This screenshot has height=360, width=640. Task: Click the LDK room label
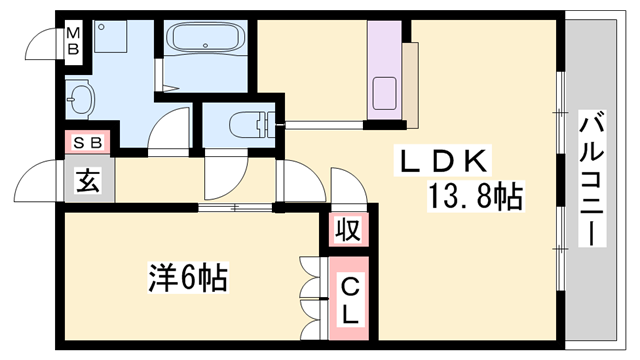tap(445, 160)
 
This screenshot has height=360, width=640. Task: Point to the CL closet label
tap(349, 301)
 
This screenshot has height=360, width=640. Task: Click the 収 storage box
tap(347, 231)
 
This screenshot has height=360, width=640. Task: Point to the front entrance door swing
tap(40, 180)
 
